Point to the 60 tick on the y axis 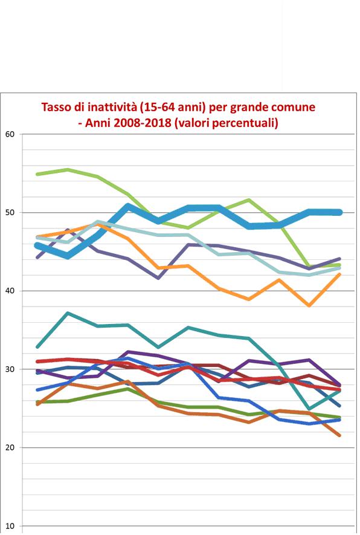pos(9,134)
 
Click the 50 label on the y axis pos(9,213)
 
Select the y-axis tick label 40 pos(9,291)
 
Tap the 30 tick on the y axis pos(9,369)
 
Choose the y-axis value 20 pos(9,448)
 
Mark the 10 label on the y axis pos(9,526)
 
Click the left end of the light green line pos(37,174)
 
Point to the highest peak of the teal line pos(68,313)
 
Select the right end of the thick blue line pos(340,212)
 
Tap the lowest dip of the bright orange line pos(310,306)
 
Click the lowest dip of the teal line pos(310,409)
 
